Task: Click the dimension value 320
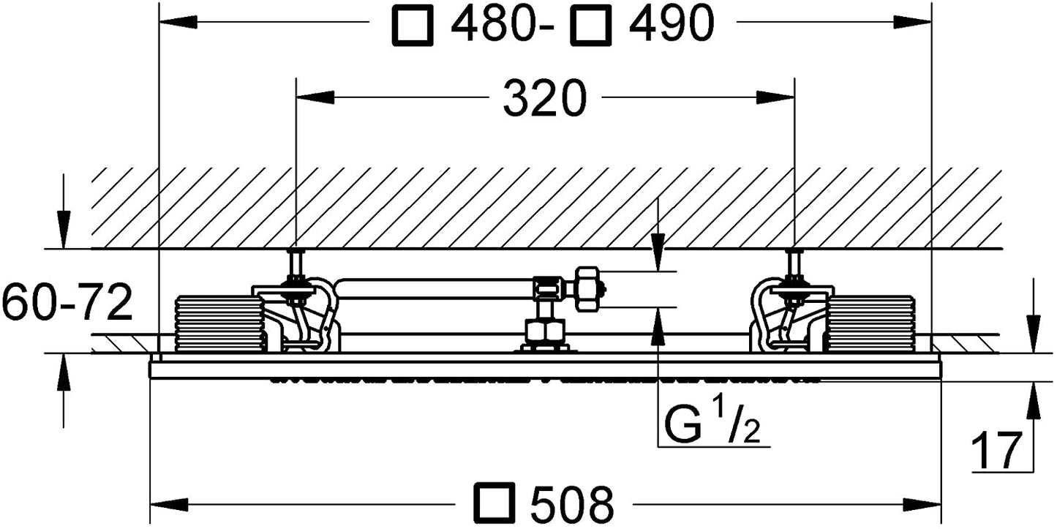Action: (x=544, y=98)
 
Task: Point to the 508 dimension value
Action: (x=572, y=504)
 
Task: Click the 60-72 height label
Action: (x=67, y=301)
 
